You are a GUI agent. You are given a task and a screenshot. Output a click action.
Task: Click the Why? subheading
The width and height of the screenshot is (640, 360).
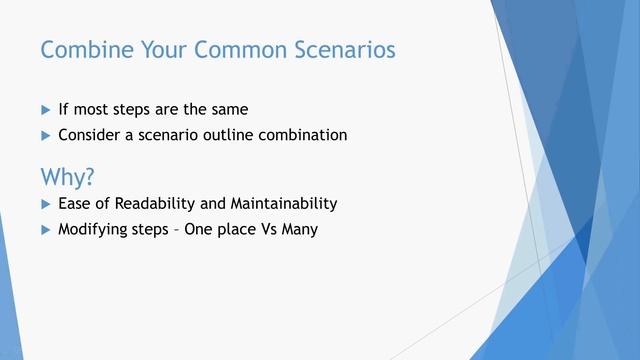pyautogui.click(x=67, y=177)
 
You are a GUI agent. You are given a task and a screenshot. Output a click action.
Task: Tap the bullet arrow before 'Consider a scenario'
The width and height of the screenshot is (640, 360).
pyautogui.click(x=44, y=135)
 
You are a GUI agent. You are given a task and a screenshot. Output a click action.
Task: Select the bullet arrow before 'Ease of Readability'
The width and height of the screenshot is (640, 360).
pyautogui.click(x=44, y=204)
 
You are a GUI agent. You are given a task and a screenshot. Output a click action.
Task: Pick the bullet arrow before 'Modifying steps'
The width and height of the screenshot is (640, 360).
pyautogui.click(x=44, y=229)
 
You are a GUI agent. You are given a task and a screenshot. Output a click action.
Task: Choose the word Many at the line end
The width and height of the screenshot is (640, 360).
pyautogui.click(x=297, y=229)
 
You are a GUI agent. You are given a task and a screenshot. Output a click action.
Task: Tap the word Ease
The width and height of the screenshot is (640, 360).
pyautogui.click(x=74, y=204)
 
